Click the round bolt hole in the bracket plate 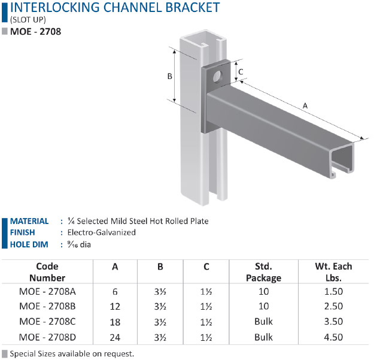click(x=217, y=76)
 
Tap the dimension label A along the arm click(x=305, y=105)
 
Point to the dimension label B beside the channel click(x=170, y=76)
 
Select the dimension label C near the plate click(x=241, y=72)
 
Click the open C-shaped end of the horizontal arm click(x=342, y=161)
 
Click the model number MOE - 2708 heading click(x=35, y=32)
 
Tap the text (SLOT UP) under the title click(x=28, y=20)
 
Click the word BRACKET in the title click(x=193, y=7)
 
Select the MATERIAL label click(x=29, y=221)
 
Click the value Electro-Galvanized click(x=102, y=232)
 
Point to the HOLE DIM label click(x=29, y=244)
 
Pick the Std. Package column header click(x=263, y=272)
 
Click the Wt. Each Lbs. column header click(x=333, y=272)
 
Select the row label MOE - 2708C click(x=47, y=322)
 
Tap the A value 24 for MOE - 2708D click(x=115, y=337)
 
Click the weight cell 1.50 click(x=333, y=292)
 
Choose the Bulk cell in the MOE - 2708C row click(x=263, y=322)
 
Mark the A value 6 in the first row click(x=115, y=292)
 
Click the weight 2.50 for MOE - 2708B click(x=333, y=306)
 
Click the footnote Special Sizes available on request click(x=72, y=354)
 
